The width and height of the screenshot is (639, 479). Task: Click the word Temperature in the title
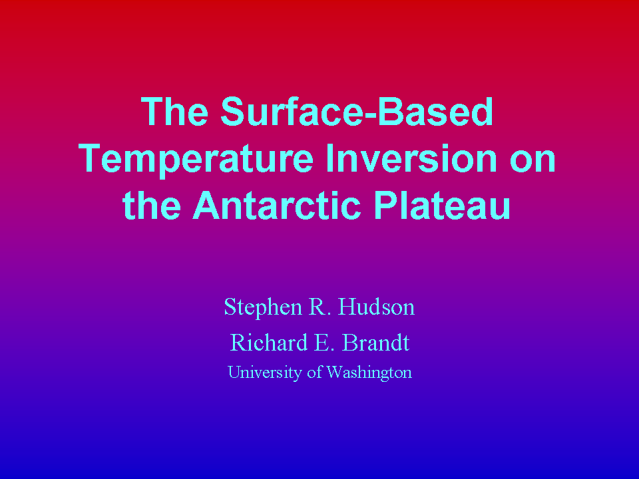[196, 160]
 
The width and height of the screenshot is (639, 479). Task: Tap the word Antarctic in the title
[277, 205]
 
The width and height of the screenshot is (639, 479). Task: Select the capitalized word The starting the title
[174, 111]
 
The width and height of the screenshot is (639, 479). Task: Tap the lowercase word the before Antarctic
[152, 205]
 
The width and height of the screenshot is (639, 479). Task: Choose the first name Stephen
[264, 308]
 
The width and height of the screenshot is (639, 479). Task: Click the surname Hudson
[376, 307]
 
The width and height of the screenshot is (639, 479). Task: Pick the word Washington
[369, 373]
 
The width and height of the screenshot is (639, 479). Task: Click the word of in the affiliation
[314, 372]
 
